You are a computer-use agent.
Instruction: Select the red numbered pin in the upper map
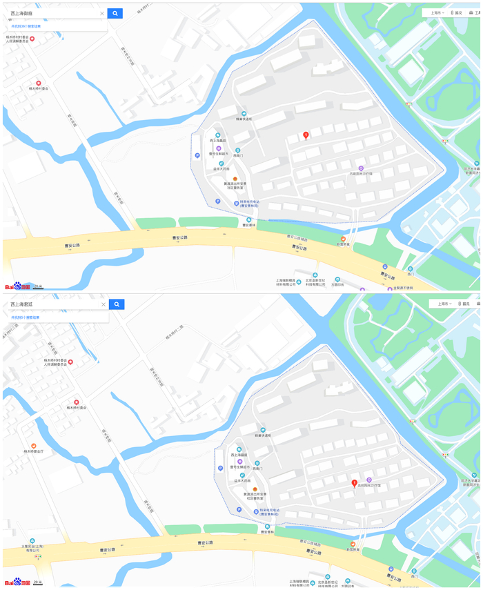pyautogui.click(x=306, y=135)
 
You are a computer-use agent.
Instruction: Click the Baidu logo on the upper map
pyautogui.click(x=17, y=286)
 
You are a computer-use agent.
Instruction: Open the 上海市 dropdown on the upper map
pyautogui.click(x=436, y=12)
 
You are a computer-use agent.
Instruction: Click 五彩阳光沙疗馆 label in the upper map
pyautogui.click(x=360, y=174)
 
